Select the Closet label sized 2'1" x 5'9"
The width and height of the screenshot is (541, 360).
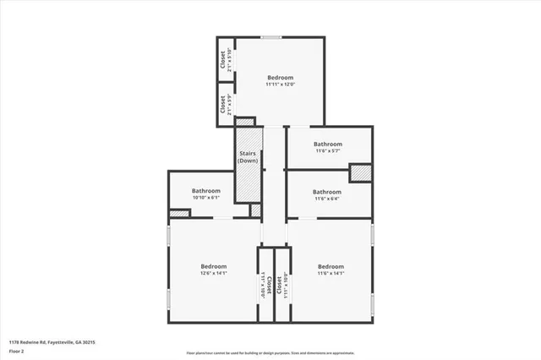click(x=226, y=105)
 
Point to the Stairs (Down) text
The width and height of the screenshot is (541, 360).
click(x=248, y=156)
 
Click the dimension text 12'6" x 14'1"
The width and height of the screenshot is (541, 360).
click(x=213, y=273)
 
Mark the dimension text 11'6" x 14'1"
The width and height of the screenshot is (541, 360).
click(x=331, y=273)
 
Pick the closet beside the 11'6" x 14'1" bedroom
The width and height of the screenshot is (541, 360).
click(x=282, y=286)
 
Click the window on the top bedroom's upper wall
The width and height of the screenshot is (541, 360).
click(x=271, y=36)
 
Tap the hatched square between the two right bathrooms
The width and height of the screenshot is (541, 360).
click(x=361, y=172)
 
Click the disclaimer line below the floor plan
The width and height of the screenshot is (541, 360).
click(x=270, y=353)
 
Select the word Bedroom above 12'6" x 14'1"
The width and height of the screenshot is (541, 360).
click(x=213, y=265)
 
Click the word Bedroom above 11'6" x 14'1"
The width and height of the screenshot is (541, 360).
click(x=331, y=265)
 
